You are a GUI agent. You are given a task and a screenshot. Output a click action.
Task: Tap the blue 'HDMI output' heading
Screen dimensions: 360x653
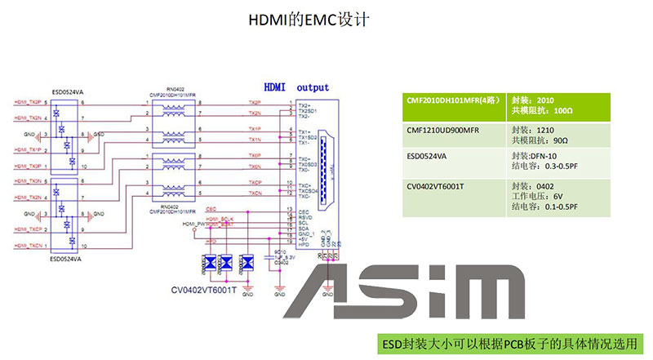pos(295,87)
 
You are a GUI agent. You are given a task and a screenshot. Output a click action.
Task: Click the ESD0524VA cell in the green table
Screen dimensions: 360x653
pos(429,160)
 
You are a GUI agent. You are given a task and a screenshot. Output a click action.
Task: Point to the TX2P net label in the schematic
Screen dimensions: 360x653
pos(254,103)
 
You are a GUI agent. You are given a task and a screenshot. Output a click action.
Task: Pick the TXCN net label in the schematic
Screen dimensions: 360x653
pos(255,193)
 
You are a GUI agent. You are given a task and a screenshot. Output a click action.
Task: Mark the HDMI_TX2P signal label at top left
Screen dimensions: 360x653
pos(28,102)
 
